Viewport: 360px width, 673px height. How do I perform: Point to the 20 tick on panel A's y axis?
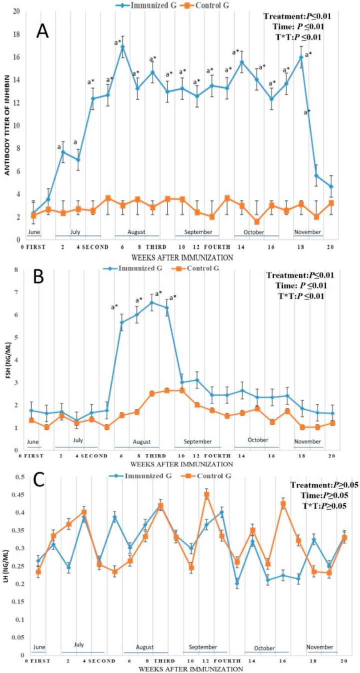17,11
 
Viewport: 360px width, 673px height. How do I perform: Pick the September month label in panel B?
197,442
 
